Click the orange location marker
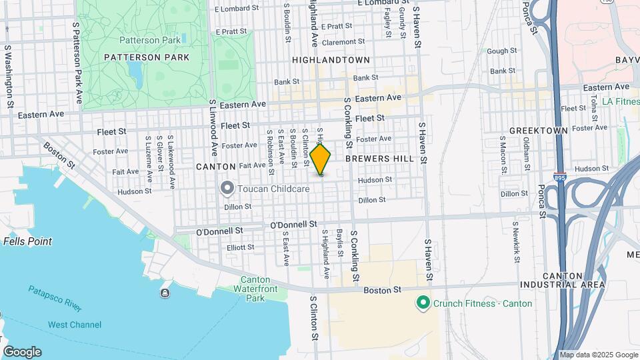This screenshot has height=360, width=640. tap(321, 161)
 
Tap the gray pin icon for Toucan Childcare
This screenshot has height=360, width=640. tap(227, 189)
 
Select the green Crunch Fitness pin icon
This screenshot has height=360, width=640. tap(422, 303)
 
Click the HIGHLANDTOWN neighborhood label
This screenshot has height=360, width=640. tap(331, 60)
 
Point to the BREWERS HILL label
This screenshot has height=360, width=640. tap(379, 159)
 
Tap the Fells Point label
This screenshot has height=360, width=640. tap(28, 241)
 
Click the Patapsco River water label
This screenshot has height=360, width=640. tap(55, 299)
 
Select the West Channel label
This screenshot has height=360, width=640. tap(75, 325)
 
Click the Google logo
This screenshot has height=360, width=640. tap(22, 352)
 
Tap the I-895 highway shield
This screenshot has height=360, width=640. tap(560, 178)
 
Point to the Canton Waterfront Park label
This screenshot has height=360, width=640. tap(251, 289)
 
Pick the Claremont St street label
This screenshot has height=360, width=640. tap(343, 42)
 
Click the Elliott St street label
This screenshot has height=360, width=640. tap(241, 247)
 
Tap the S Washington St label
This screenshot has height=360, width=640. tap(9, 77)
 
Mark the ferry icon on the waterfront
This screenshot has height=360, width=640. tap(165, 293)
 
